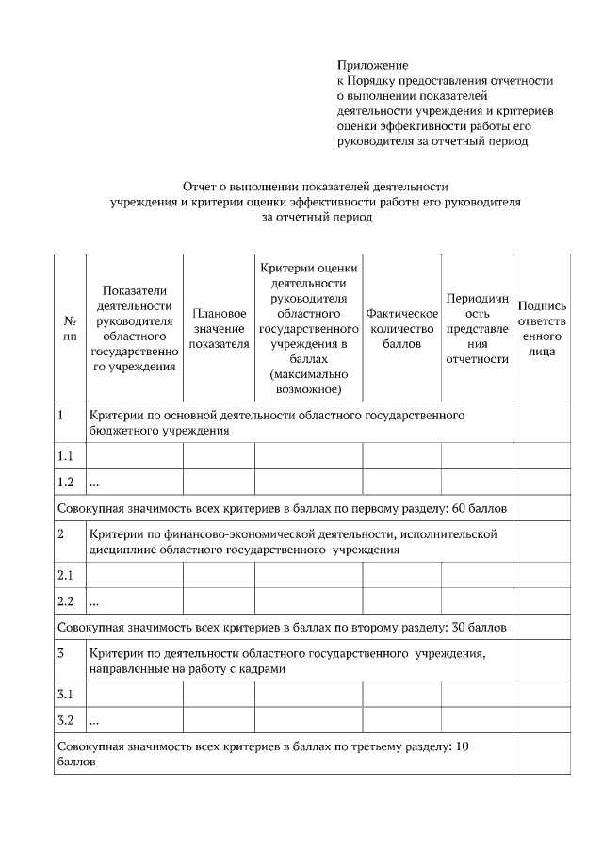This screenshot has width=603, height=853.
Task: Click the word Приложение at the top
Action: (373, 66)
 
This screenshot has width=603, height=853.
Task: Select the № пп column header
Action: (70, 328)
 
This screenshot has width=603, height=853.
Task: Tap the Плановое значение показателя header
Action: (219, 328)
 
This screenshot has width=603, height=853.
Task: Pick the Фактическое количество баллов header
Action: (402, 328)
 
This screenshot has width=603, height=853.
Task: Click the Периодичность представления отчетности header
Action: (477, 328)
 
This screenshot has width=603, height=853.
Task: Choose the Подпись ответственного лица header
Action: (542, 328)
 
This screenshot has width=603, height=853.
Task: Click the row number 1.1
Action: (65, 457)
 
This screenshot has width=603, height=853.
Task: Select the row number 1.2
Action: (65, 483)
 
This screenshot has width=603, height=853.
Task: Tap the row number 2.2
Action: (65, 600)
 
